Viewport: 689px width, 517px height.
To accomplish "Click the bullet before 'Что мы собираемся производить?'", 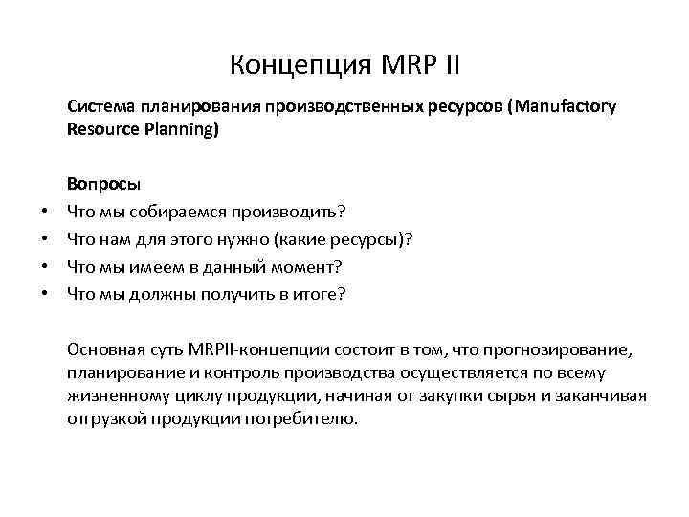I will click(x=44, y=210).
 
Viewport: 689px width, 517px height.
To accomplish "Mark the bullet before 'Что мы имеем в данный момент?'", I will click(x=44, y=266).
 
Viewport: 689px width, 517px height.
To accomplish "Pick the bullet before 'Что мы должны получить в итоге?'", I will click(x=44, y=294).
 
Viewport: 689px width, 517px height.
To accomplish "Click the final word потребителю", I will click(x=304, y=419).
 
